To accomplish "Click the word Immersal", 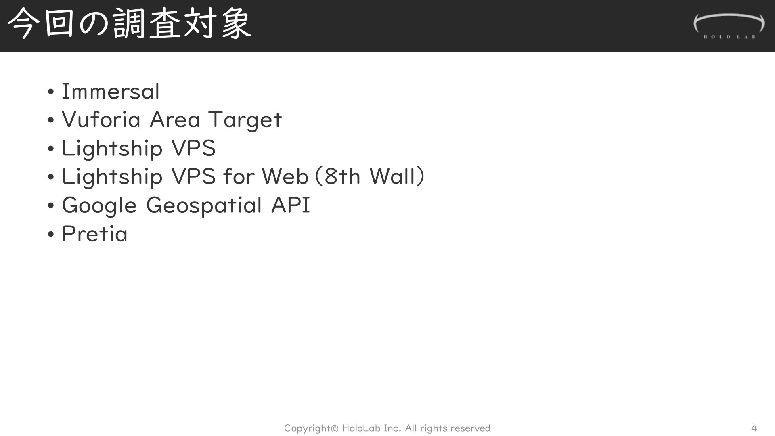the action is coord(111,91).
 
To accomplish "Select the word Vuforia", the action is coord(101,119).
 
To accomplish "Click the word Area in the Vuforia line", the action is coord(175,119).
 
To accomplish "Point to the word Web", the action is coord(285,176).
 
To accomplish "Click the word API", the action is coord(291,205).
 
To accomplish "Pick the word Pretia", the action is coord(94,233).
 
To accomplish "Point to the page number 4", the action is coord(754,428).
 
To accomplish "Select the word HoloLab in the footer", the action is coord(361,428).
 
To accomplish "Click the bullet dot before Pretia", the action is coord(50,234).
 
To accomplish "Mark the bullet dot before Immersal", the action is coord(50,92).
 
